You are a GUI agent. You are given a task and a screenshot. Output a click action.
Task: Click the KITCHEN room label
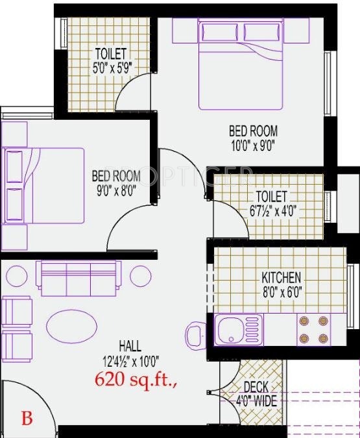(281, 277)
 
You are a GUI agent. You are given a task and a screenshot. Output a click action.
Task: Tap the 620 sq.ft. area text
(136, 380)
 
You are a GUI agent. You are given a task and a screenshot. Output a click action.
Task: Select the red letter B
(27, 418)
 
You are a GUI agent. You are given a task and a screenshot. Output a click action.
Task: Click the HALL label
(130, 346)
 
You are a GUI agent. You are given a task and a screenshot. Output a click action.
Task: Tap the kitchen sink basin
(230, 330)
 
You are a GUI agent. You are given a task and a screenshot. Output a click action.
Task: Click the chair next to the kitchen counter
(195, 335)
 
